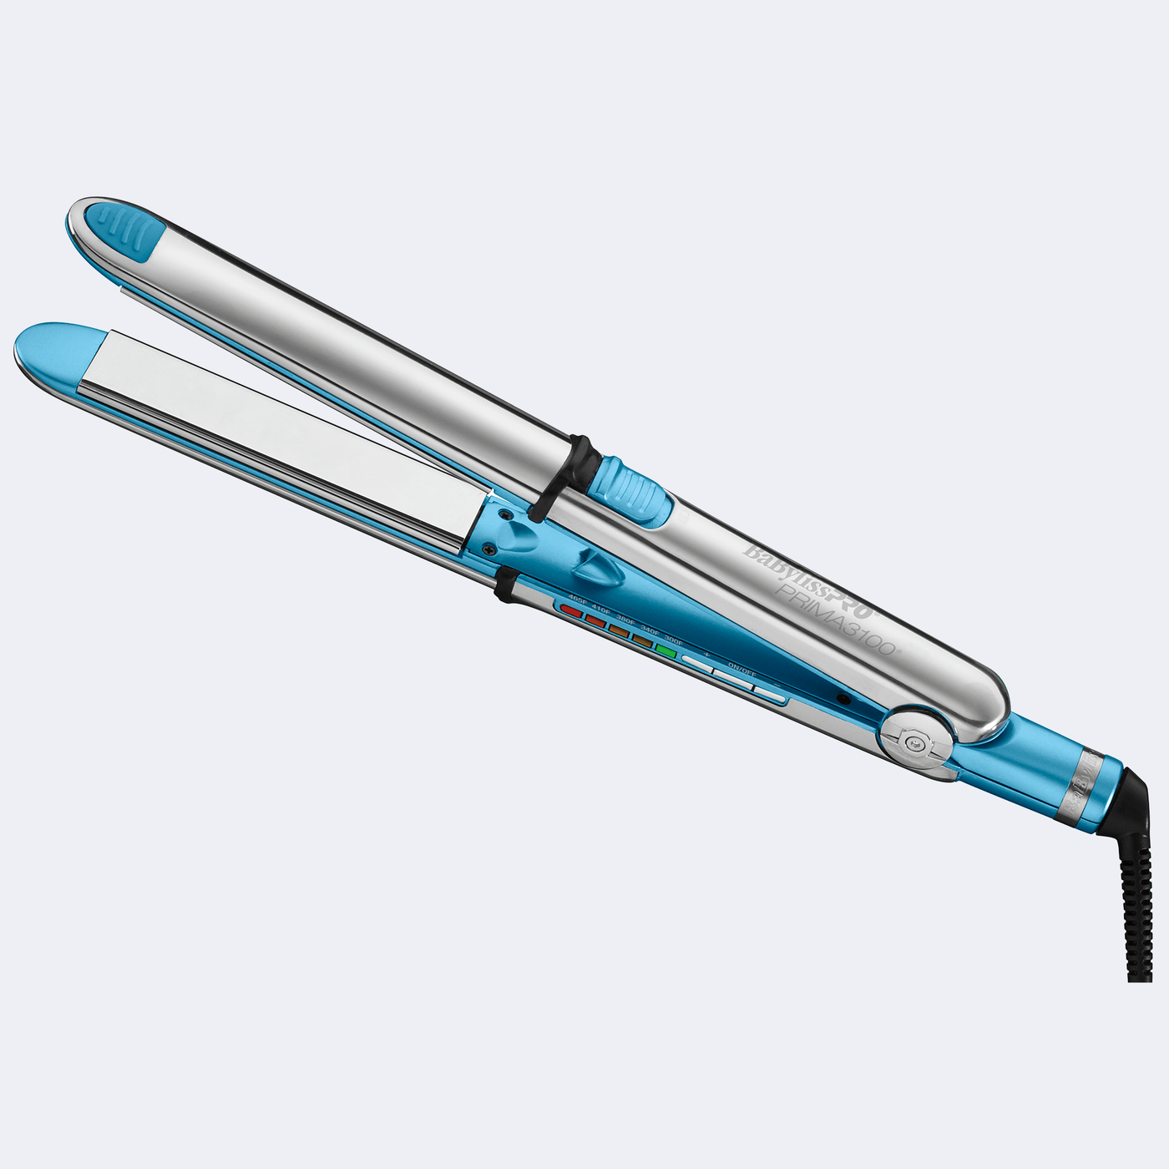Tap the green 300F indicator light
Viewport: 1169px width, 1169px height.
click(666, 649)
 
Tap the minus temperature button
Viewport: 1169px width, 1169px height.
click(770, 693)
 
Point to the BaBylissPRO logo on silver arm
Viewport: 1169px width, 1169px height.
click(807, 582)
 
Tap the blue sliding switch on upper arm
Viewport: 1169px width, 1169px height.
click(637, 491)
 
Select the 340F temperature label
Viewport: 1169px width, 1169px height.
click(650, 631)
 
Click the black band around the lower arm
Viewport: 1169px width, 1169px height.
click(504, 584)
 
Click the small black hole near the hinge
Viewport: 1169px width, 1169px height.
click(844, 696)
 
